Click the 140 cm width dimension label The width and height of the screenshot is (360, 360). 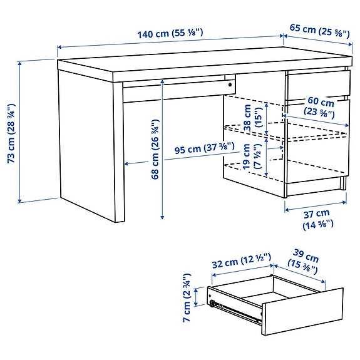coord(170,33)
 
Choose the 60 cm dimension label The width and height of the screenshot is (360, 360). coord(320,107)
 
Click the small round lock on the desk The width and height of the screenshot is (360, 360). coord(231,83)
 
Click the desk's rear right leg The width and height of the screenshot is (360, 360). coord(344,182)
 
